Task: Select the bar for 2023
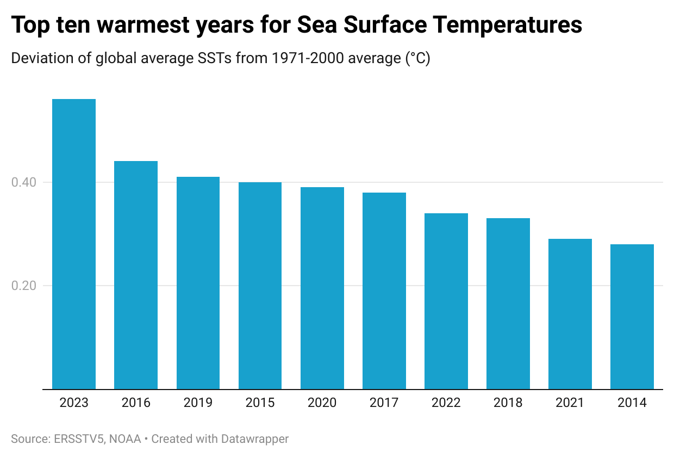[74, 244]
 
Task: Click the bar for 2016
[136, 275]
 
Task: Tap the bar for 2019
[198, 283]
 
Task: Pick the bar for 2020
[322, 288]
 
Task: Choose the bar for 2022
[446, 301]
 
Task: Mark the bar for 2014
[632, 317]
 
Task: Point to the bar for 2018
[508, 304]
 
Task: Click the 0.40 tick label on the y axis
[24, 182]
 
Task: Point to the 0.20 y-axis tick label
[24, 286]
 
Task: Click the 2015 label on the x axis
[260, 403]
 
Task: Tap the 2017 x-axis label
[384, 403]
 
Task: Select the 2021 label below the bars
[570, 403]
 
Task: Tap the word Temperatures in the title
[507, 26]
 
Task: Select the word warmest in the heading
[143, 25]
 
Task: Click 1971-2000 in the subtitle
[308, 58]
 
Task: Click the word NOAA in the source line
[125, 439]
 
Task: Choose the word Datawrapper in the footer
[254, 440]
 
